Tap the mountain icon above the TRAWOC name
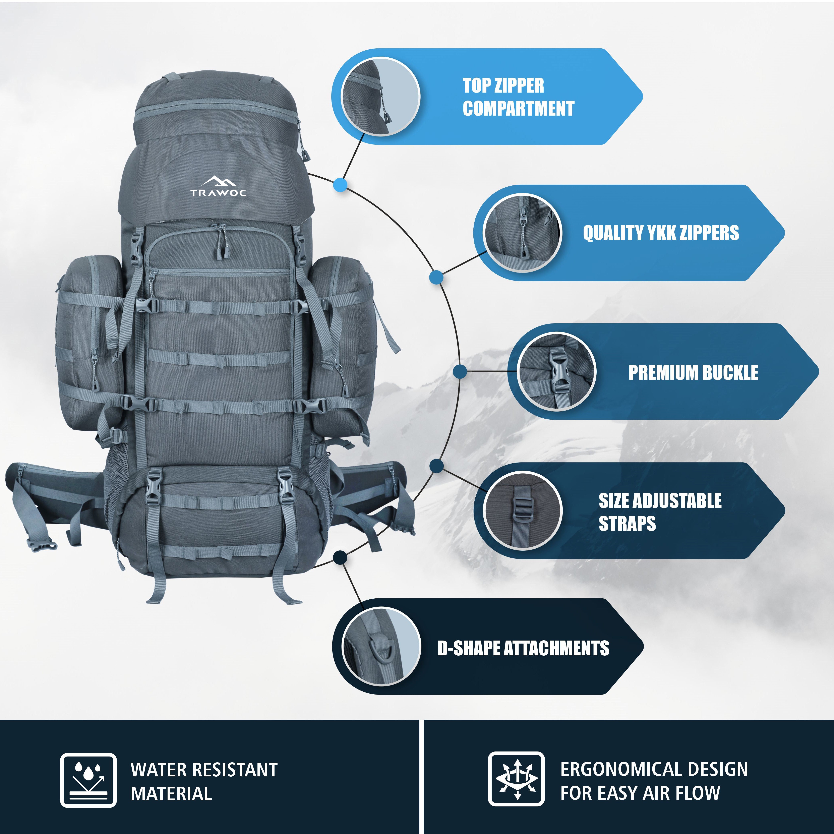[218, 181]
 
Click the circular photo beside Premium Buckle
[556, 371]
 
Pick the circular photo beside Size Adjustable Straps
[522, 511]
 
